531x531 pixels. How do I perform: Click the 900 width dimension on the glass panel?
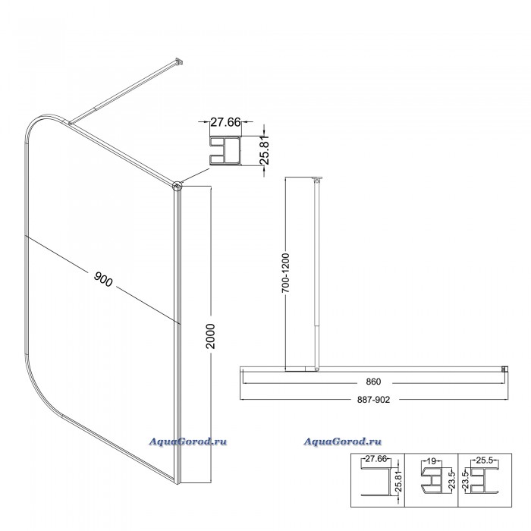pos(103,279)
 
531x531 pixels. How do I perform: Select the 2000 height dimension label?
pos(211,336)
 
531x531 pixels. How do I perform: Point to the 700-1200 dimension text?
pos(286,272)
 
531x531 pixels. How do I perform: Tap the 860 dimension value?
pos(373,382)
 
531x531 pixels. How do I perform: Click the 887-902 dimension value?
pos(373,400)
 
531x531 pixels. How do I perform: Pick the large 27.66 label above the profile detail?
pos(225,122)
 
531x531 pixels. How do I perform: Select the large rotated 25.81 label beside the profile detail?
pos(265,149)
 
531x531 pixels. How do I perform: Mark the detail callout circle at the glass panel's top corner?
pos(177,186)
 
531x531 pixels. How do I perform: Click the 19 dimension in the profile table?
pos(431,461)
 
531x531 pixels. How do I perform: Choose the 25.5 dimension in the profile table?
pos(484,460)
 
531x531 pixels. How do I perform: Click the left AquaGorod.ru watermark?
pos(188,441)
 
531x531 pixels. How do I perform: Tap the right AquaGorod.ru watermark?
pos(342,441)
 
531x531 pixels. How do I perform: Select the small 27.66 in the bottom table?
pos(376,459)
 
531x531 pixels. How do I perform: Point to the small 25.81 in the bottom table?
pos(399,481)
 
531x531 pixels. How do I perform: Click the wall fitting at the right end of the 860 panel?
pos(505,369)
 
